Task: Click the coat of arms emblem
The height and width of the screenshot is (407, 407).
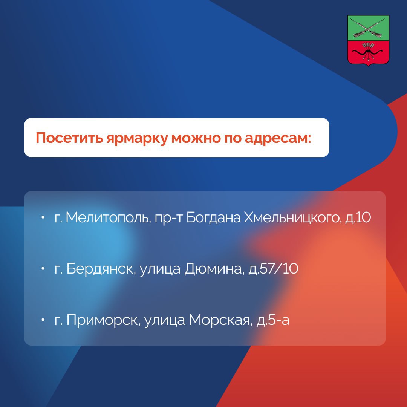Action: pos(368,40)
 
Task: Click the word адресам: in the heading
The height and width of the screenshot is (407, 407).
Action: pos(278,138)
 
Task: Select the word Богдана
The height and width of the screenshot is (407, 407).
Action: pos(213,217)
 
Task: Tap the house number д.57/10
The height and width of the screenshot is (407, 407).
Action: pos(273,269)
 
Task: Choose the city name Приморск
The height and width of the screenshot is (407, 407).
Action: pos(103,320)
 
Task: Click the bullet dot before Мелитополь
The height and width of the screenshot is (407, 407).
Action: pos(43,217)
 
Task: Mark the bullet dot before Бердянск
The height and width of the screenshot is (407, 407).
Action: pos(43,269)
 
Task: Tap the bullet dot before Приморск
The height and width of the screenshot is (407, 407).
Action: pos(43,320)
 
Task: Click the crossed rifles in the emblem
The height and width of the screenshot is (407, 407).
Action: pos(368,28)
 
